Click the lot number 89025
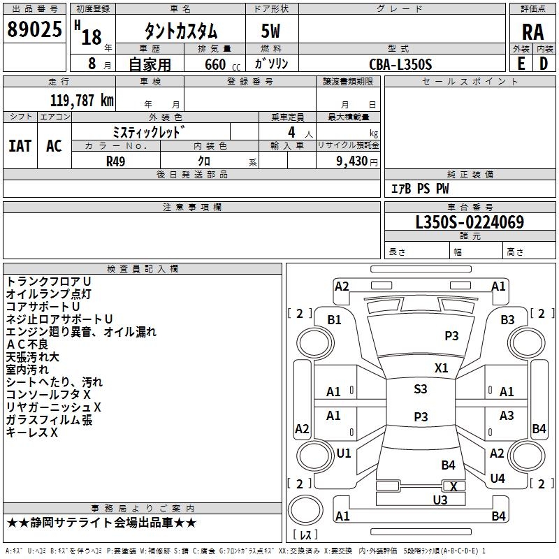34,29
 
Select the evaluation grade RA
533,32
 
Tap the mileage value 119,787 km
82,100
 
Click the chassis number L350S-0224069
470,222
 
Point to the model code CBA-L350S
400,64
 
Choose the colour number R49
115,161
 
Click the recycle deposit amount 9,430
352,161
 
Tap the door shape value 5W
270,31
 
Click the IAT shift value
20,146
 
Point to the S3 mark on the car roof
421,389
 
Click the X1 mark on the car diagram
441,368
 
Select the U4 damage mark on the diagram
498,478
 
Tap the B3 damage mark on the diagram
507,320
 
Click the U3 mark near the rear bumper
440,500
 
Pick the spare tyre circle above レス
305,509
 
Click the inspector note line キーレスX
31,433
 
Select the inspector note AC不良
27,344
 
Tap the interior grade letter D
544,64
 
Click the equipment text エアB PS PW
420,189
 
